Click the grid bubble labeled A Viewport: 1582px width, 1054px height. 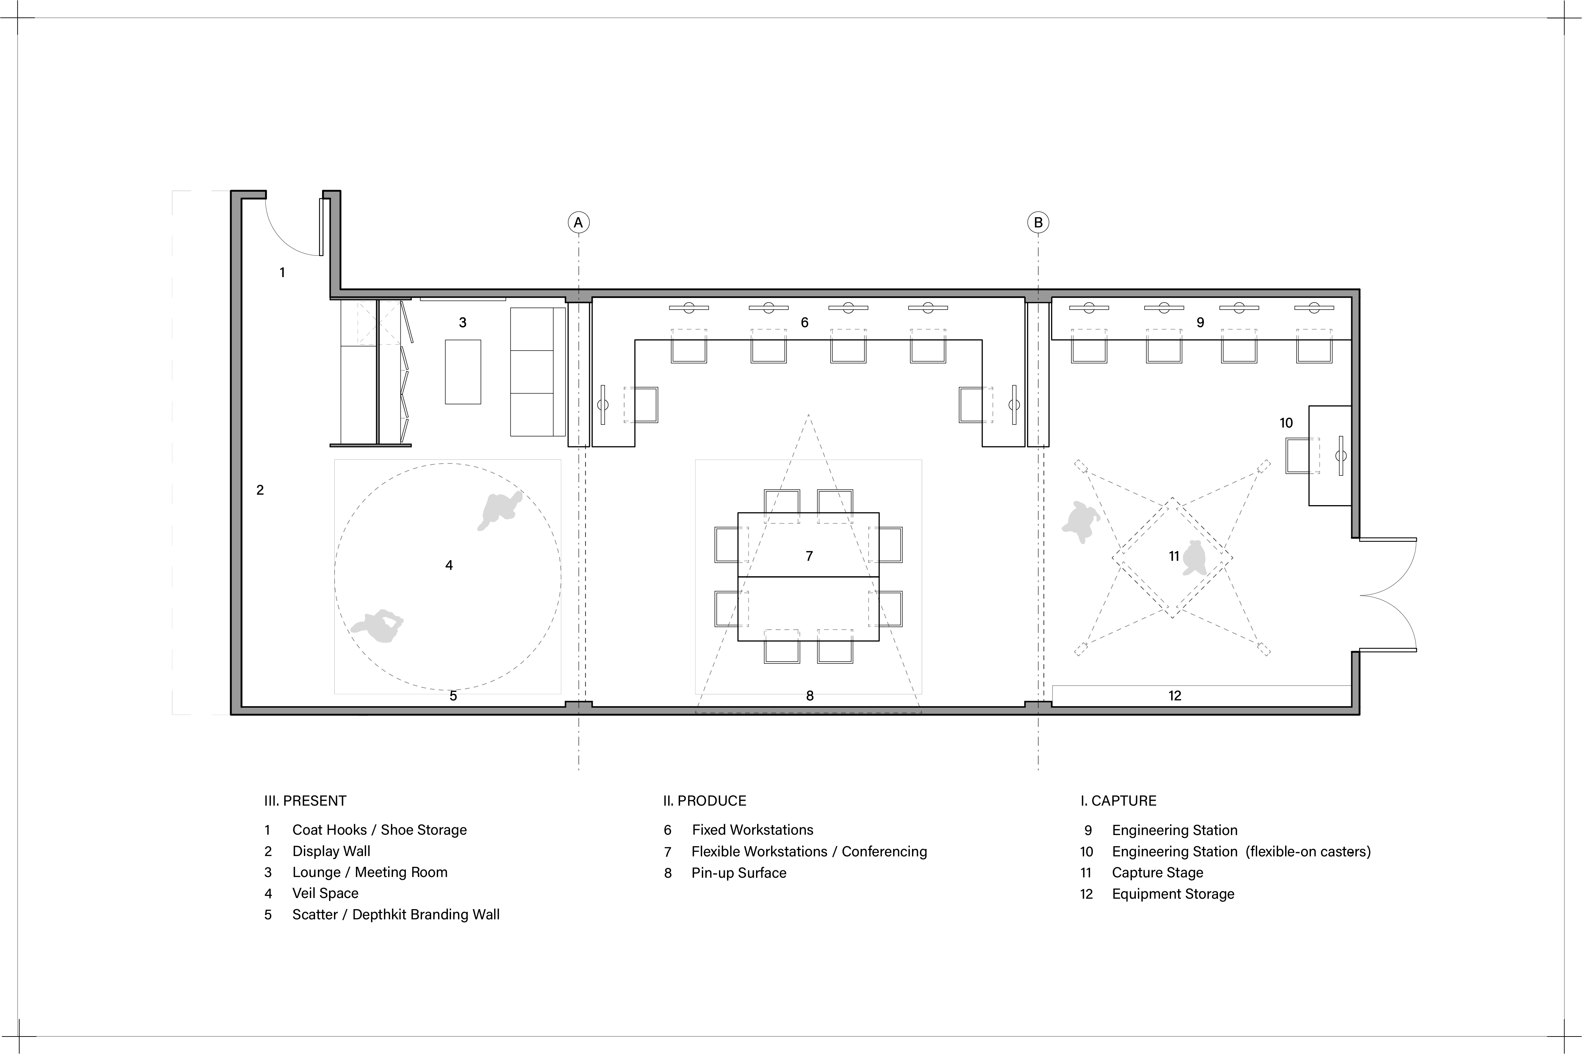tap(578, 222)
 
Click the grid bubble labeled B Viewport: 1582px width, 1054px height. tap(1038, 222)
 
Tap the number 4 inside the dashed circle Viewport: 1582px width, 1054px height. tap(449, 565)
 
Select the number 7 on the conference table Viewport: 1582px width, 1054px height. tap(809, 556)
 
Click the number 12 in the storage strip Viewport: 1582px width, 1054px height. tap(1174, 696)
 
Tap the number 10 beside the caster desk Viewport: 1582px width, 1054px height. tap(1286, 423)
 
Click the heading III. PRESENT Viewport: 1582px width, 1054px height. tap(305, 801)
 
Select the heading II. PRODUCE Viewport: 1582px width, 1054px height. tap(704, 801)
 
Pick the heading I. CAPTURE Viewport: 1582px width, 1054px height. tap(1118, 801)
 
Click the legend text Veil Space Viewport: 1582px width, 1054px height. tap(325, 893)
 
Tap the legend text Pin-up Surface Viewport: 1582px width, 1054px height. tap(739, 872)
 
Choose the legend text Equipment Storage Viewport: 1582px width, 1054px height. tap(1173, 894)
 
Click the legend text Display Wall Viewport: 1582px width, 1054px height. tap(331, 851)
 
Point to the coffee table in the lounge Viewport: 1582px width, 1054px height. tap(463, 372)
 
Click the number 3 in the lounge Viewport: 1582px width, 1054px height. tap(462, 323)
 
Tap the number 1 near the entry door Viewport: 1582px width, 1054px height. tap(282, 272)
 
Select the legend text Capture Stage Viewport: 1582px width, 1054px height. tap(1157, 872)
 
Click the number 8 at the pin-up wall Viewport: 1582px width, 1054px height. tap(810, 696)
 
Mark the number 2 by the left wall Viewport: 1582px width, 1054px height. tap(260, 490)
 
